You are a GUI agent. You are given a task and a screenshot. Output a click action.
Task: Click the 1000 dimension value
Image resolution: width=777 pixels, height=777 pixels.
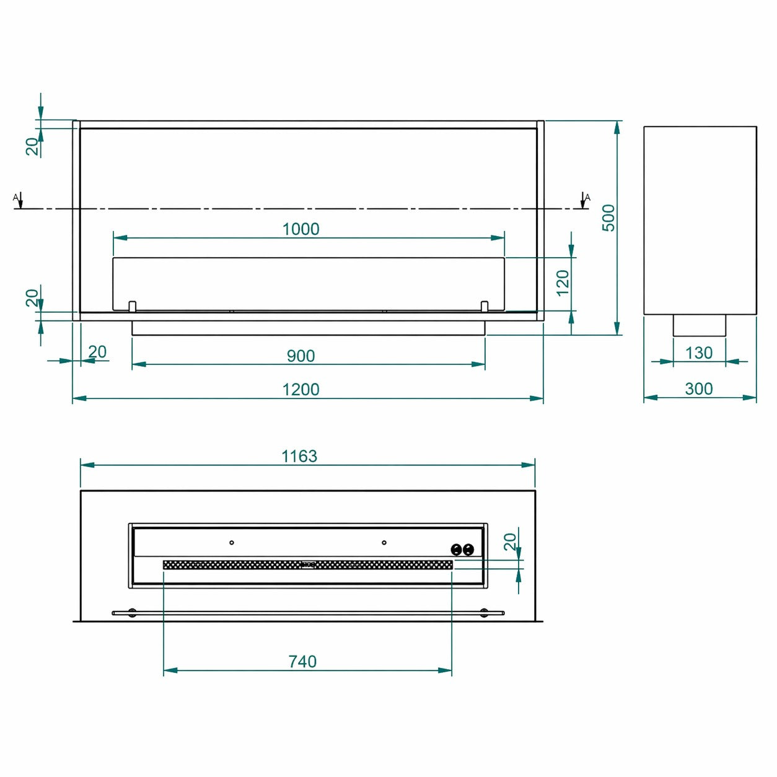coord(301,229)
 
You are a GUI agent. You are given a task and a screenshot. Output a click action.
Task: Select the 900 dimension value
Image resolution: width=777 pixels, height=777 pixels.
coord(301,356)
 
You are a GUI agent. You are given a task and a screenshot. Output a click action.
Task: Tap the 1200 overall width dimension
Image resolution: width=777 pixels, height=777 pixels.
coord(301,390)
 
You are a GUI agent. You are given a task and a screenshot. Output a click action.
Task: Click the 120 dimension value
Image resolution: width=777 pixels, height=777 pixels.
coord(563,283)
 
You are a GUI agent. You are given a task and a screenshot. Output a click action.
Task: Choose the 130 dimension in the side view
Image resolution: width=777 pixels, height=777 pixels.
coord(699,353)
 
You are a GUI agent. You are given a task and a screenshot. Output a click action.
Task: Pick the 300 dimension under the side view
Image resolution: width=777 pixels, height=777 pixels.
coord(699,388)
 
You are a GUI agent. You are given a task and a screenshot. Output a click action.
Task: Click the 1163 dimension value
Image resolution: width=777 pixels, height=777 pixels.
coord(299,457)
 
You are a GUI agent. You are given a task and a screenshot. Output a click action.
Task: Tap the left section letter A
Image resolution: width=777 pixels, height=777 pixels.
coord(15,197)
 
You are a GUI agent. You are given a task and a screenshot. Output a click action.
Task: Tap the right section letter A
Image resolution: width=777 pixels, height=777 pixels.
coord(587,197)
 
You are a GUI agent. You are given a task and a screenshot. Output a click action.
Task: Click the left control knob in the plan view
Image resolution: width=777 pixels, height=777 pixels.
coord(457,550)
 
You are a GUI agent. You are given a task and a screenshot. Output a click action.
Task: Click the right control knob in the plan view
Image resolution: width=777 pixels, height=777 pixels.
coord(468,550)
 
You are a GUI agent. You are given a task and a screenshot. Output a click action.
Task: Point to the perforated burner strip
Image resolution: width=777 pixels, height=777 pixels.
coord(308,564)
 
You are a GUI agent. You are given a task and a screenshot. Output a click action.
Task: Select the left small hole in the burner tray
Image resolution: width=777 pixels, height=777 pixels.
coord(232,543)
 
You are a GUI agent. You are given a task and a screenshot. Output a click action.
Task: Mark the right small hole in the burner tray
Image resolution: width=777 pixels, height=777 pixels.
coord(384,543)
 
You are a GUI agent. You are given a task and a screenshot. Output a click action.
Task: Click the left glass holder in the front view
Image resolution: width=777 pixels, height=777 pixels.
coord(132,306)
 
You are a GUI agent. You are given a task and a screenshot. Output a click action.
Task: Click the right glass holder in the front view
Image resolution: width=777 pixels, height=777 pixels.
coord(485,306)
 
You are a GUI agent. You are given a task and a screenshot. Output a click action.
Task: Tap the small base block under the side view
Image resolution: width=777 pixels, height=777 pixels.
coord(699,325)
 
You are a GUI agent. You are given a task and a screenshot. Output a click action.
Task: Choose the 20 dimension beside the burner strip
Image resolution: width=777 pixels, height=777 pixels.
coord(510,542)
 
